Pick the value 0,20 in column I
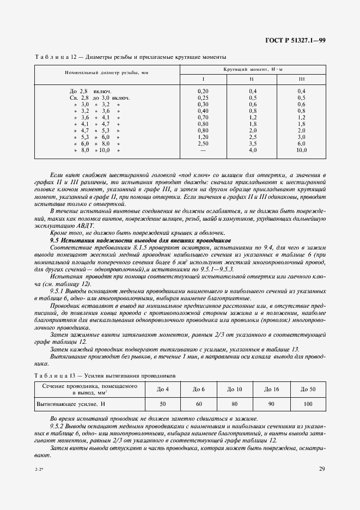click(203, 90)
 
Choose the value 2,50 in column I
click(203, 143)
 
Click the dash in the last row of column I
click(203, 150)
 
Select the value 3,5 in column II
click(253, 143)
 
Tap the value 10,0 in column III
click(301, 150)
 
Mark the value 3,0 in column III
click(301, 137)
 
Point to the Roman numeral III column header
click(301, 80)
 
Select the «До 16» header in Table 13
click(271, 388)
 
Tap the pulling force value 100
click(308, 405)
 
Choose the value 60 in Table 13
click(198, 405)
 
